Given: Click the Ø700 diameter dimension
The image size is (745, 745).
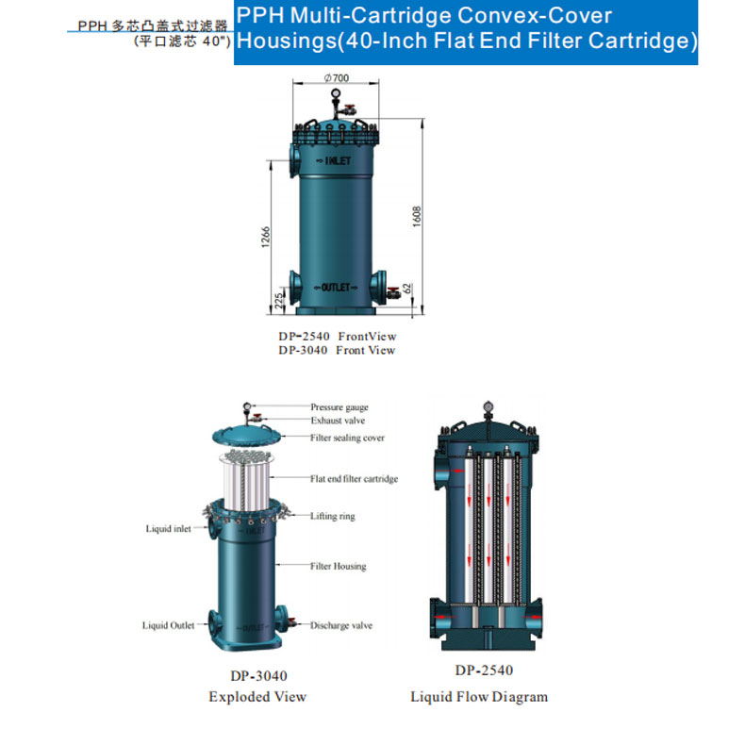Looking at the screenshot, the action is tap(337, 78).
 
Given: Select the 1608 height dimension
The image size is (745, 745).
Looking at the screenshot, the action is tap(417, 216).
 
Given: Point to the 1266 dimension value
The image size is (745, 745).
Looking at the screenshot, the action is tap(266, 237).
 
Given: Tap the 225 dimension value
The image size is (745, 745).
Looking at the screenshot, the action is tap(279, 301).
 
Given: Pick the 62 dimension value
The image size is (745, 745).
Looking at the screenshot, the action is tap(407, 289).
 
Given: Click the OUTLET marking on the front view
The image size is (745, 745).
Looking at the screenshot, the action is tap(336, 288).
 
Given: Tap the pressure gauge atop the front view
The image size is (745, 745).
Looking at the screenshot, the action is tap(336, 92).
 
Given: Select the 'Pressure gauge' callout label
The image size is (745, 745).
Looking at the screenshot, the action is tap(339, 407).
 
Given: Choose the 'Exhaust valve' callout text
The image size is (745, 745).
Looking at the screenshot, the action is tap(338, 421).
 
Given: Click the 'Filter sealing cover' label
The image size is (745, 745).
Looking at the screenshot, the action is tap(347, 438).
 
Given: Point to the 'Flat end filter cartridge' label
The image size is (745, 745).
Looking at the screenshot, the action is tap(354, 478).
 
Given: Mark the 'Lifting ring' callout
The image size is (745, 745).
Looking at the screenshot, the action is tap(333, 516).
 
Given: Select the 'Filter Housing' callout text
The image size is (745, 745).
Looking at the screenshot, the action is tap(339, 566).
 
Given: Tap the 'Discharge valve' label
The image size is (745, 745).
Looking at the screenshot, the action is tap(341, 625).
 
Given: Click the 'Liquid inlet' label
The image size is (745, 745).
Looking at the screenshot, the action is tap(168, 529).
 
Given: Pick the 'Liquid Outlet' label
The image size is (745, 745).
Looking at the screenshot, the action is tap(168, 625).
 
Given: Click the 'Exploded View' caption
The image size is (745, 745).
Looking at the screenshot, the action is tap(257, 697).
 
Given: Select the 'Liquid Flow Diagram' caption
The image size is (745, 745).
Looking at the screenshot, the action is tap(479, 697).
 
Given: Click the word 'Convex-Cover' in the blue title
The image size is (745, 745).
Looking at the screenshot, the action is tap(535, 16).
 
